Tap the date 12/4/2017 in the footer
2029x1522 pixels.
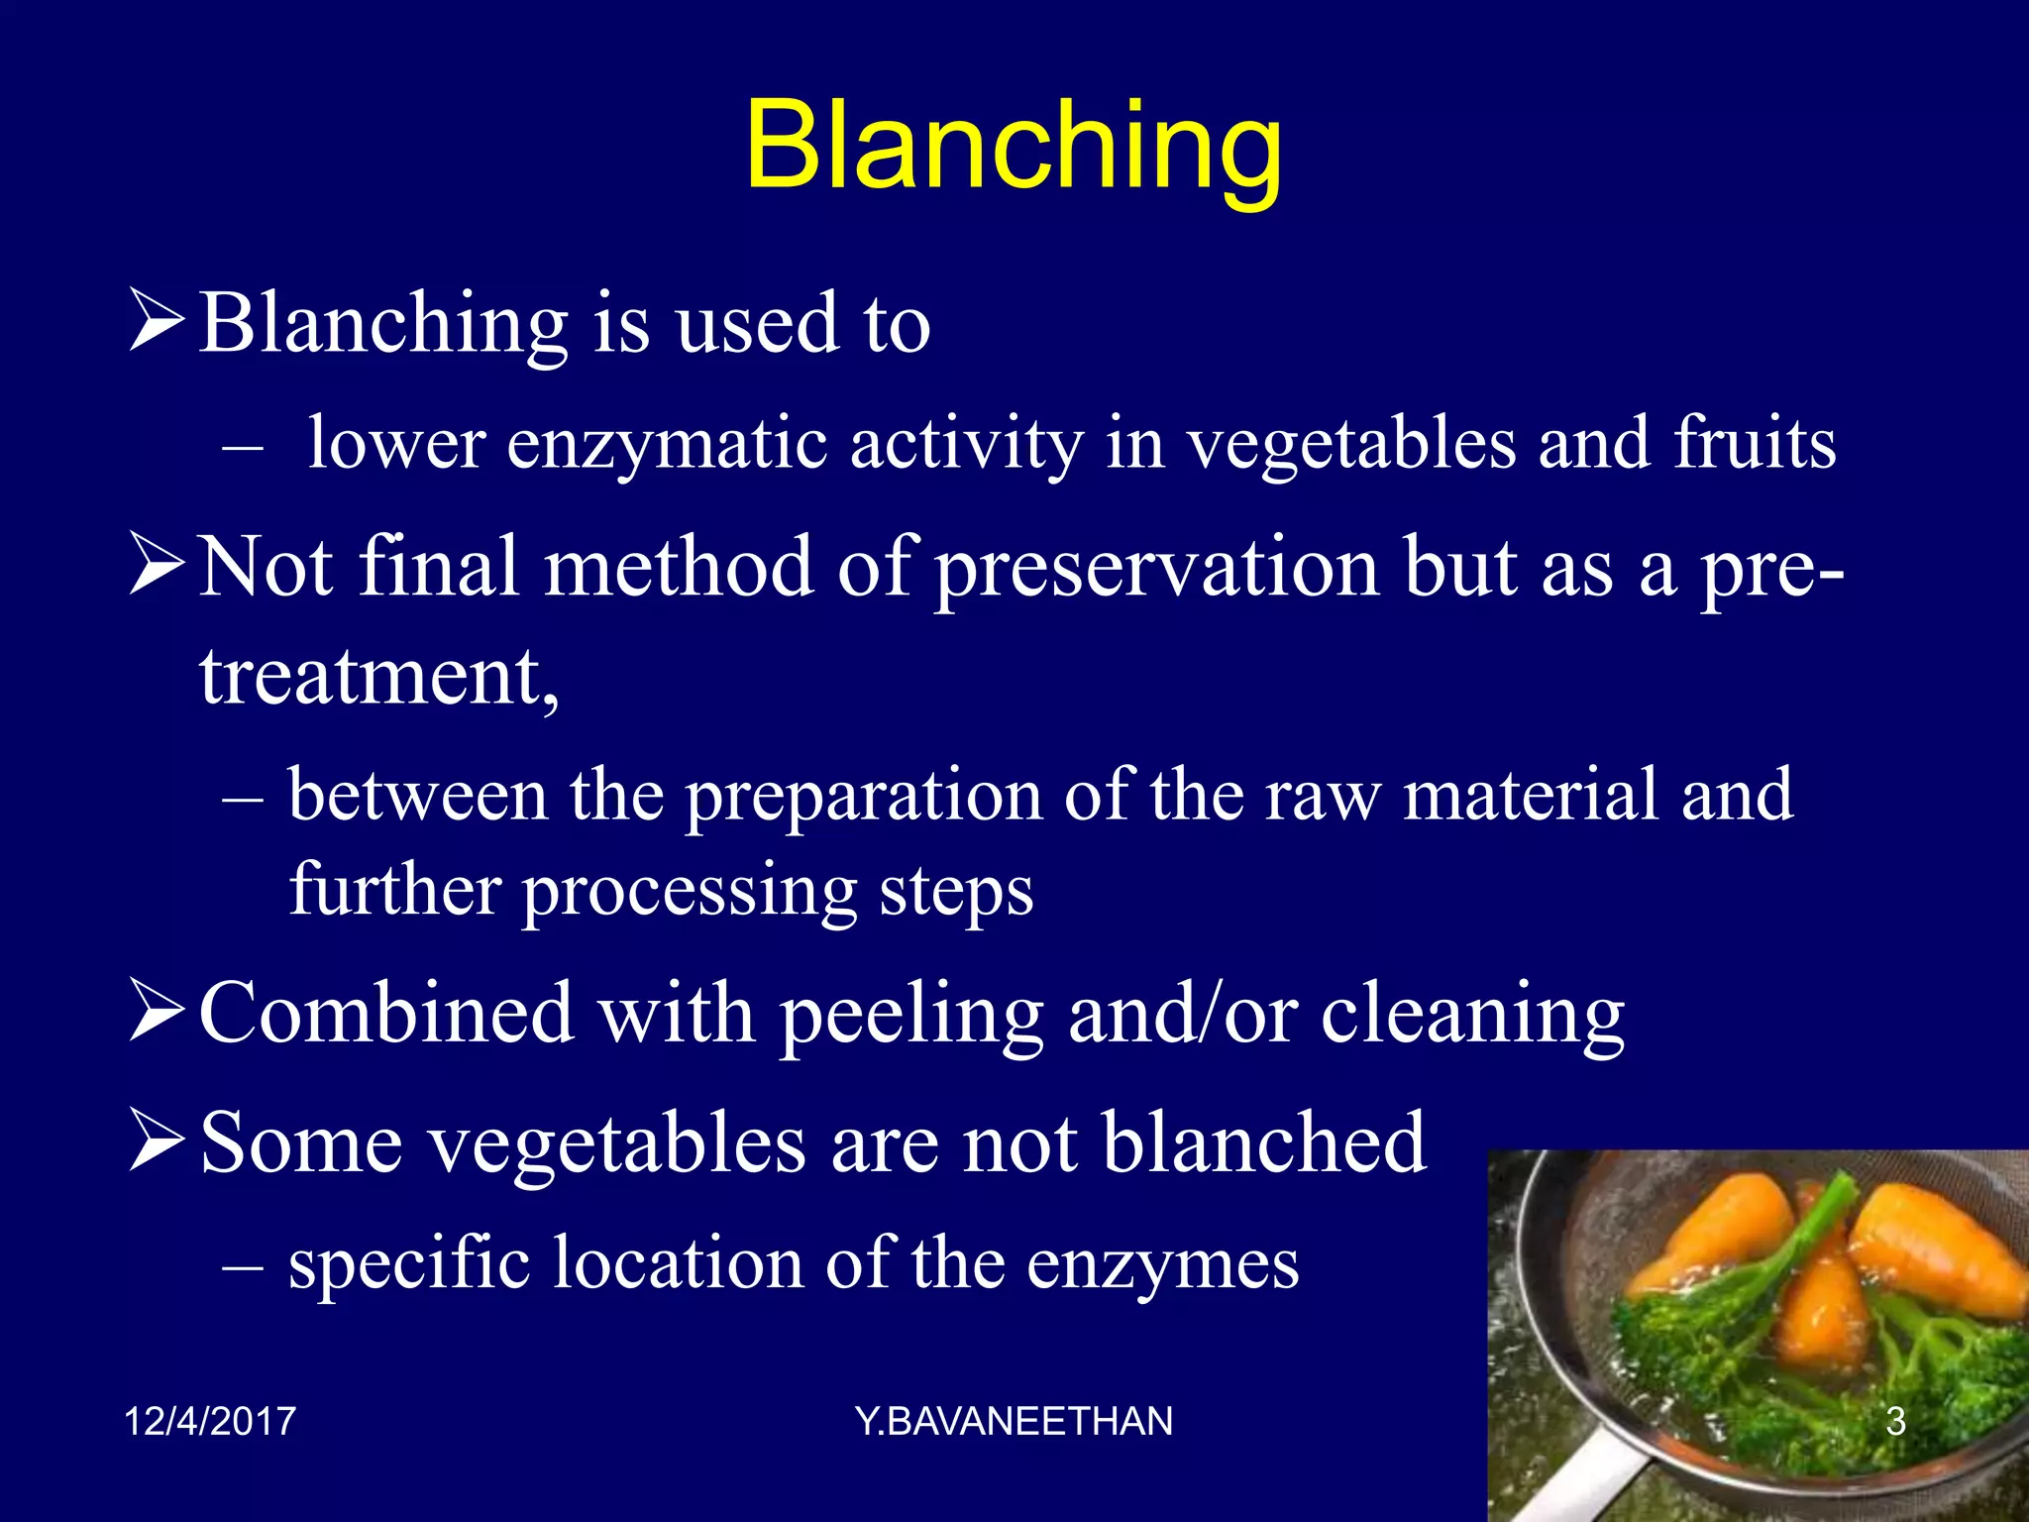pos(210,1421)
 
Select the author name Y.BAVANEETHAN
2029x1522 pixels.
pos(1014,1421)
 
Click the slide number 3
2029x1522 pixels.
pos(1895,1421)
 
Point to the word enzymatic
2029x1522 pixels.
pos(667,444)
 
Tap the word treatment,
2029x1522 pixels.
pos(379,678)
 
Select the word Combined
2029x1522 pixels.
pos(386,1013)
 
